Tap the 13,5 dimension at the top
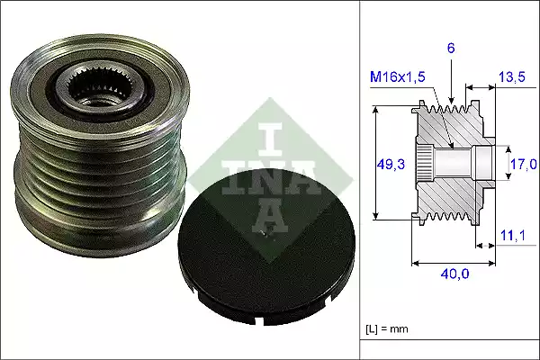point(510,78)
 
